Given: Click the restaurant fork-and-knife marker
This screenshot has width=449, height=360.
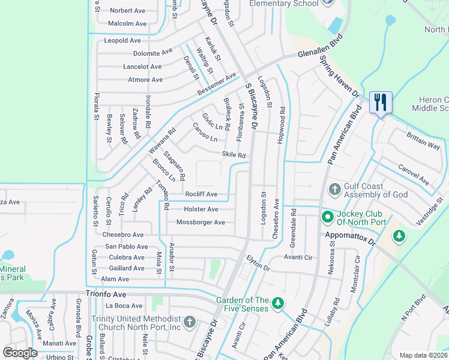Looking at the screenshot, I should pos(380,102).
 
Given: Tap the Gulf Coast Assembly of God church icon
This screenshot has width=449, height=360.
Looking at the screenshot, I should pos(334,190).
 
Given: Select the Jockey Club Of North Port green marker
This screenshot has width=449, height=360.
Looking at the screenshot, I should pos(328,216).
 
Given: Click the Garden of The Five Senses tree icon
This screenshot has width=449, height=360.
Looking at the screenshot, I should pos(277,304).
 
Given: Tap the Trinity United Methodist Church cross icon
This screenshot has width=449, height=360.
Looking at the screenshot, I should pos(189,322).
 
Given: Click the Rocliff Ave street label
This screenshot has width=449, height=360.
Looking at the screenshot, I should pos(201,194).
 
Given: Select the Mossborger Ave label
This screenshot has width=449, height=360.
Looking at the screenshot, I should pos(200,223).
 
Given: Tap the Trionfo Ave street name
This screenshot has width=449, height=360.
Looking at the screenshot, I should pos(106,295).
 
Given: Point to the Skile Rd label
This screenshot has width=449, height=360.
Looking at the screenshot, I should pos(234,155).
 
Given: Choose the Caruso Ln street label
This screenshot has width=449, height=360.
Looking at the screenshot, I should pos(205,133).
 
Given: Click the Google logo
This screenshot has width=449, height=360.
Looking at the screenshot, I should pos(20,353).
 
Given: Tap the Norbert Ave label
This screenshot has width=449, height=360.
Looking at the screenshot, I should pos(127,10).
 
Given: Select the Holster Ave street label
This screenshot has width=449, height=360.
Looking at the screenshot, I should pos(200,209).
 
